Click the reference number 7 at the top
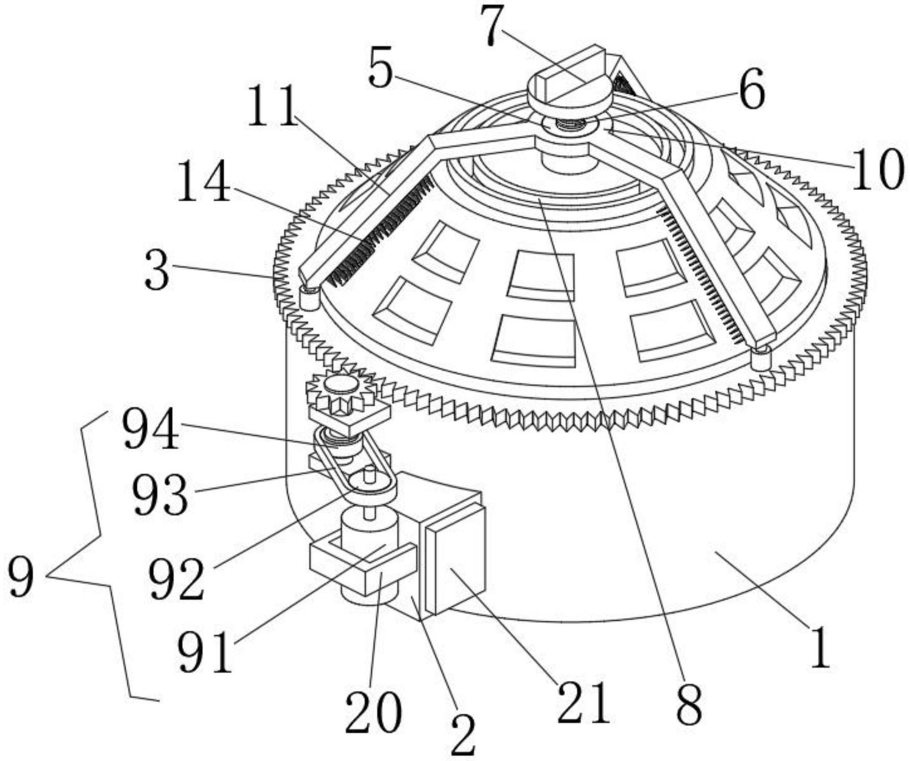pos(491,26)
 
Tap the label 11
pos(273,107)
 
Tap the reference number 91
pos(204,651)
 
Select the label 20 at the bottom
pos(373,711)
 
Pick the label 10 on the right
pos(877,168)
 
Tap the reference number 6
pos(752,89)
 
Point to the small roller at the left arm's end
pos(308,298)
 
